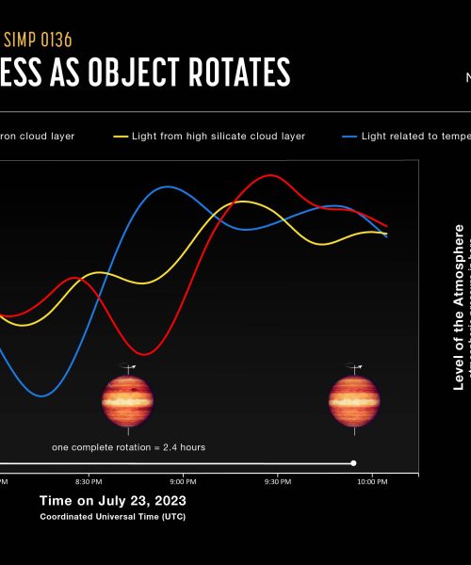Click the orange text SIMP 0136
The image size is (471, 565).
pyautogui.click(x=39, y=40)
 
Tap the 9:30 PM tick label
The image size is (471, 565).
pyautogui.click(x=278, y=481)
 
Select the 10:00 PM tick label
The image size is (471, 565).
pyautogui.click(x=373, y=481)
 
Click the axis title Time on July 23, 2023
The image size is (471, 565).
pyautogui.click(x=112, y=500)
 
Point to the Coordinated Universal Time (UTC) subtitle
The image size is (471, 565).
pyautogui.click(x=112, y=517)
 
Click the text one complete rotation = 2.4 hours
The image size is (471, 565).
pyautogui.click(x=128, y=447)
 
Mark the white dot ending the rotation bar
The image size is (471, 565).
pyautogui.click(x=353, y=462)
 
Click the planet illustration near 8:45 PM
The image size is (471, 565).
pyautogui.click(x=127, y=399)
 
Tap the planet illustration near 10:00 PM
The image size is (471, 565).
pyautogui.click(x=353, y=399)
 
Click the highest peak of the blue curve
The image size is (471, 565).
pyautogui.click(x=167, y=186)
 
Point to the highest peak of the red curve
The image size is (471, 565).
pyautogui.click(x=272, y=176)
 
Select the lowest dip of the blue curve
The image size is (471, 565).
pyautogui.click(x=41, y=396)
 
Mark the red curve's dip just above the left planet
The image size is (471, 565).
pyautogui.click(x=136, y=354)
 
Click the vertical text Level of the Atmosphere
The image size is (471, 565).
pyautogui.click(x=459, y=306)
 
